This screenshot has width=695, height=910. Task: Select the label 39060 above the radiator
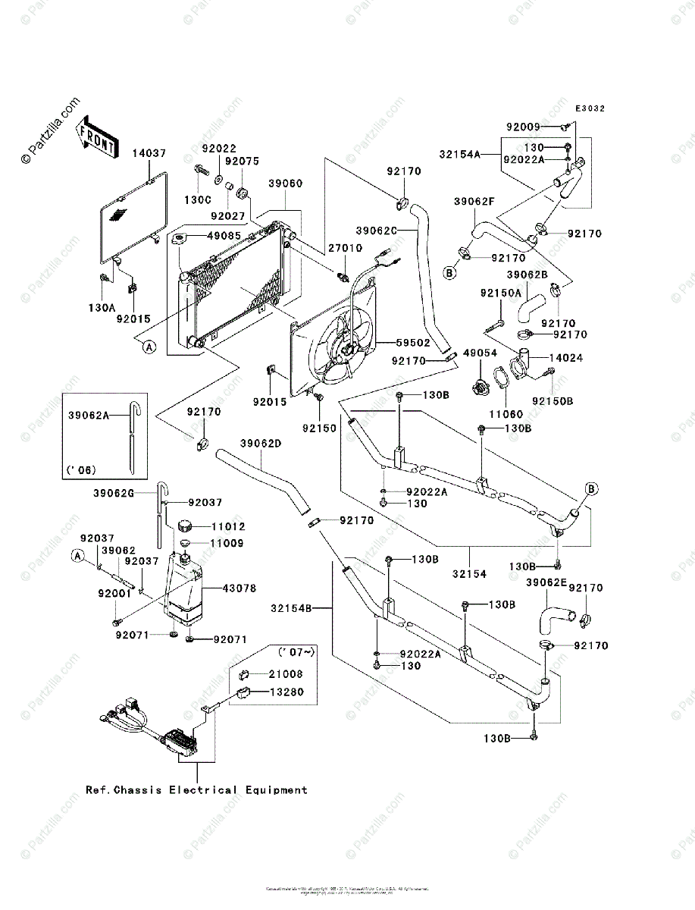[285, 184]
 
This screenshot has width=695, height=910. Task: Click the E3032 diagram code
[589, 109]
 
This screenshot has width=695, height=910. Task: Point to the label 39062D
[262, 444]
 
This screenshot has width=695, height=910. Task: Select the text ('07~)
[296, 651]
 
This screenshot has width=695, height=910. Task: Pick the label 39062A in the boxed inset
[89, 416]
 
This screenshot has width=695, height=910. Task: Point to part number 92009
[523, 127]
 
